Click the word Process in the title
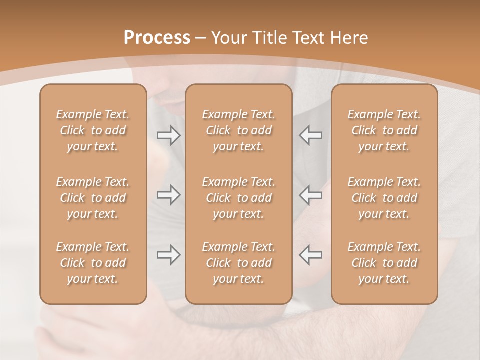click(x=157, y=38)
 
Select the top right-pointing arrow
click(x=168, y=135)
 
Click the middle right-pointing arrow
click(x=168, y=195)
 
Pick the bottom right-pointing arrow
click(x=168, y=255)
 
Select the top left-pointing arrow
click(x=310, y=135)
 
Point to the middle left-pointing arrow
click(x=310, y=195)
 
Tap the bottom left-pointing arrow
click(x=310, y=255)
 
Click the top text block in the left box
click(x=93, y=130)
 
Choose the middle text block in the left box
click(x=93, y=198)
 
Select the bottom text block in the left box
click(x=93, y=263)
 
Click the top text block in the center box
click(x=238, y=130)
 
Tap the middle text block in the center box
click(x=238, y=198)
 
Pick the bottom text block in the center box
click(x=238, y=263)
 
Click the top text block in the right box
click(x=384, y=130)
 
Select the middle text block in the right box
click(x=384, y=198)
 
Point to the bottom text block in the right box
click(x=384, y=263)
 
